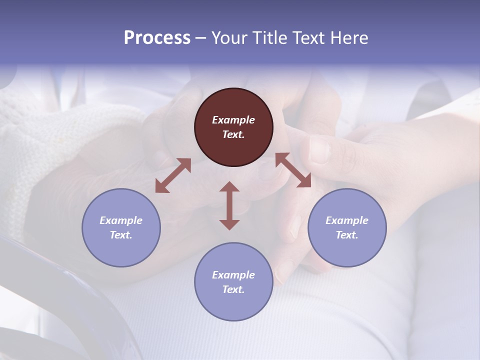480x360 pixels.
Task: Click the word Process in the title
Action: [x=157, y=38]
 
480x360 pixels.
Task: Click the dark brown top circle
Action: [x=233, y=127]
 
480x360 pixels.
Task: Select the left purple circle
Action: [x=121, y=227]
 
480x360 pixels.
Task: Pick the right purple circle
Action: [x=347, y=227]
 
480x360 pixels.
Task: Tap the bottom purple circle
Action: [x=233, y=281]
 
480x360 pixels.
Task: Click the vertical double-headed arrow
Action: [x=229, y=205]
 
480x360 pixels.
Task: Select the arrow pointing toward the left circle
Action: [x=173, y=175]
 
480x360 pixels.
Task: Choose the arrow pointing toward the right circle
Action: [x=293, y=170]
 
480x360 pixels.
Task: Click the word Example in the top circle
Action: [x=233, y=120]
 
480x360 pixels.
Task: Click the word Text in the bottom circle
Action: [x=233, y=289]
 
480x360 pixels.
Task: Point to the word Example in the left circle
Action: [x=121, y=220]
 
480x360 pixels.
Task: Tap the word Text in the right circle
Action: [x=347, y=235]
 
